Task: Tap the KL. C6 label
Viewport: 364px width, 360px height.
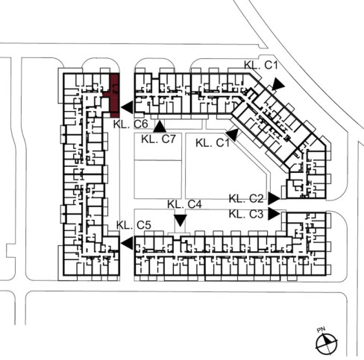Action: (131, 124)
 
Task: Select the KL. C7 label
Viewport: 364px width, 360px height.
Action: (158, 139)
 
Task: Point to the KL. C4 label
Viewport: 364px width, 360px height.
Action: (184, 204)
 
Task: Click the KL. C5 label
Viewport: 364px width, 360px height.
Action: (134, 225)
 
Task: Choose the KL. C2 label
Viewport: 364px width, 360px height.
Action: (246, 199)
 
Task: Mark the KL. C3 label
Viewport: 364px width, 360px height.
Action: (246, 214)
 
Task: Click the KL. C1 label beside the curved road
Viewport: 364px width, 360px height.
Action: (260, 65)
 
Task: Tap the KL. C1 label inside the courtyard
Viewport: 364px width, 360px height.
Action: (213, 143)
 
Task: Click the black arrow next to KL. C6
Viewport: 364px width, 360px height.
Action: (128, 107)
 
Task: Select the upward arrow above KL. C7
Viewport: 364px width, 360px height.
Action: (160, 126)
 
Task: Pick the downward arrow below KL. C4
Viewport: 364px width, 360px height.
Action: (181, 221)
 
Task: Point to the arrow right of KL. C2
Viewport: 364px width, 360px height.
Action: (274, 198)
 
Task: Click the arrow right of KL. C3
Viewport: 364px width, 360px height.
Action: (274, 214)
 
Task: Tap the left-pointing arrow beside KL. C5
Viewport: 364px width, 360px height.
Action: (128, 243)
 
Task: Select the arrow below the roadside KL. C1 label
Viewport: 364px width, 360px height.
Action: (277, 84)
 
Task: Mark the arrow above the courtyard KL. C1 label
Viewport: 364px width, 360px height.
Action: (233, 135)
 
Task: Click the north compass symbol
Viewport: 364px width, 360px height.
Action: (327, 344)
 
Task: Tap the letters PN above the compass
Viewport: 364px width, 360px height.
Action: (321, 330)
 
